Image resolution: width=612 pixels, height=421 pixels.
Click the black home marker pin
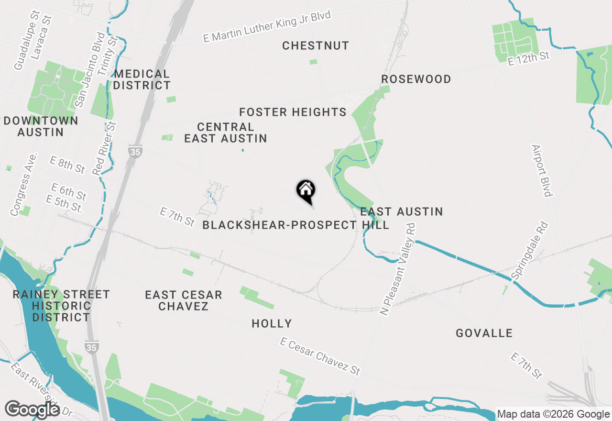[x=306, y=190]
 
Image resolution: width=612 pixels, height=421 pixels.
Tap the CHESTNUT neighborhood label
[x=316, y=46]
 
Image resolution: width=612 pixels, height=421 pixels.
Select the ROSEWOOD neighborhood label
[x=416, y=79]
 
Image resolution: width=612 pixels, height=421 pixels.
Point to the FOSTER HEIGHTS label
[x=293, y=112]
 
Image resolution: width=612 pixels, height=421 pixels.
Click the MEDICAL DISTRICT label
[x=142, y=80]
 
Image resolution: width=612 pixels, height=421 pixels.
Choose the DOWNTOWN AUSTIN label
[x=41, y=126]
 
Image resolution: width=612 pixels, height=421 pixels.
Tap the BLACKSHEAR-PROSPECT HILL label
[x=295, y=225]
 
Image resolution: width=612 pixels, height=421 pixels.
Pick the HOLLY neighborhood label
[x=272, y=324]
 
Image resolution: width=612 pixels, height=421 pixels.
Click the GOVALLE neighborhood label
[x=484, y=333]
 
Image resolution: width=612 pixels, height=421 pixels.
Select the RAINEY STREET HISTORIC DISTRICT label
[x=61, y=306]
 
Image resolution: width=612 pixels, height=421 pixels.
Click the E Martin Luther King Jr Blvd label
[x=267, y=27]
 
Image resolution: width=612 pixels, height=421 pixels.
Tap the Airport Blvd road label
[x=542, y=170]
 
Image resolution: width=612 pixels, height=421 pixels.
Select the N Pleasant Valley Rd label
[x=397, y=271]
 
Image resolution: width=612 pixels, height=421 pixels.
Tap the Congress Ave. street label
[x=23, y=184]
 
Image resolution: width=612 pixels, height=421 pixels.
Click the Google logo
[x=33, y=410]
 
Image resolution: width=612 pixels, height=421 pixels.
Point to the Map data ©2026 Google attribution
[x=553, y=414]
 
